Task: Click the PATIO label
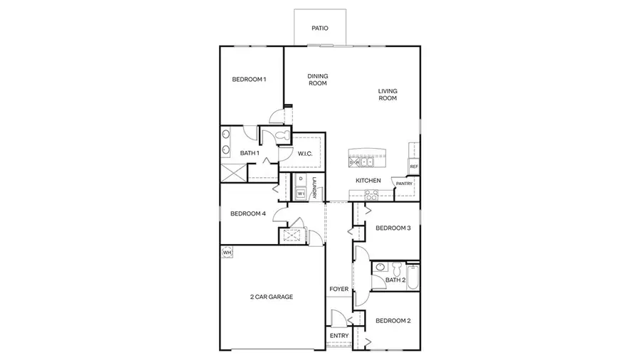[x=320, y=29]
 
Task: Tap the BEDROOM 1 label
[x=249, y=79]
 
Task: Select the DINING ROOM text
[x=317, y=80]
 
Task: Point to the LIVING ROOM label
[x=388, y=94]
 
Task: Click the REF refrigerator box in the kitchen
[x=413, y=166]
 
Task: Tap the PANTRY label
[x=404, y=184]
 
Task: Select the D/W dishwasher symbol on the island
[x=356, y=162]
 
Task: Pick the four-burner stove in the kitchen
[x=371, y=194]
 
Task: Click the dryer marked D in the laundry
[x=301, y=179]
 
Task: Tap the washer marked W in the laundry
[x=301, y=193]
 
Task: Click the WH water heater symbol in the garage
[x=228, y=253]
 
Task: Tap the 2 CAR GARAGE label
[x=272, y=297]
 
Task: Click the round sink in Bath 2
[x=381, y=268]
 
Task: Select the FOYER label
[x=338, y=290]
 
